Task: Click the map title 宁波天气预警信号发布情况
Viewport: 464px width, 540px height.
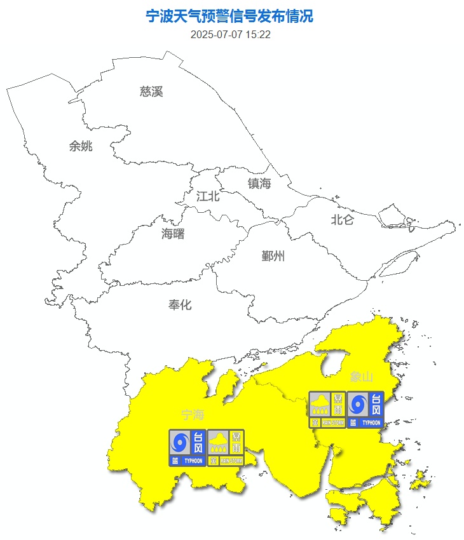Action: (230, 17)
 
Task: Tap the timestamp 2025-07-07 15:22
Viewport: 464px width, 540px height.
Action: (230, 34)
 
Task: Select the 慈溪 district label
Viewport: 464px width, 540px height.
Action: (151, 91)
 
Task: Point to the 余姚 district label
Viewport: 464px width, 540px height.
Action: (81, 146)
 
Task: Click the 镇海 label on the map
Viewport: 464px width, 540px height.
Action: (259, 184)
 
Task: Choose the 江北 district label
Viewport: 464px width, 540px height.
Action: (208, 196)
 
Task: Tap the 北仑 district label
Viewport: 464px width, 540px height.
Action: (342, 220)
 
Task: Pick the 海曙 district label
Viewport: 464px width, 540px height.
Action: (173, 234)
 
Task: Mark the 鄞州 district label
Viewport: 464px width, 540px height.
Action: (273, 256)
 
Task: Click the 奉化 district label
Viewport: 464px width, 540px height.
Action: (180, 305)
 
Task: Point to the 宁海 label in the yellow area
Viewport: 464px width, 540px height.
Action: (193, 415)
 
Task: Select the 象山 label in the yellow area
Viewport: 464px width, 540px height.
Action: (360, 377)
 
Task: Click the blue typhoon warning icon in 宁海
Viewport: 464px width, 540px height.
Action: (188, 448)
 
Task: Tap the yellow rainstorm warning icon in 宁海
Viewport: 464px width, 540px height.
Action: (226, 448)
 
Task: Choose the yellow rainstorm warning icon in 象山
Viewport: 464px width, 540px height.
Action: (327, 409)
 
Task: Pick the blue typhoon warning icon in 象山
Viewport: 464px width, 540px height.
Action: (365, 409)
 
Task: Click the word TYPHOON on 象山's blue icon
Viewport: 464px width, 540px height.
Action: (371, 422)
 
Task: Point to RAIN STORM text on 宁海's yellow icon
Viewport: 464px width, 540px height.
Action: (231, 461)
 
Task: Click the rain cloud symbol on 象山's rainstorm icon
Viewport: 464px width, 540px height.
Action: (320, 403)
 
